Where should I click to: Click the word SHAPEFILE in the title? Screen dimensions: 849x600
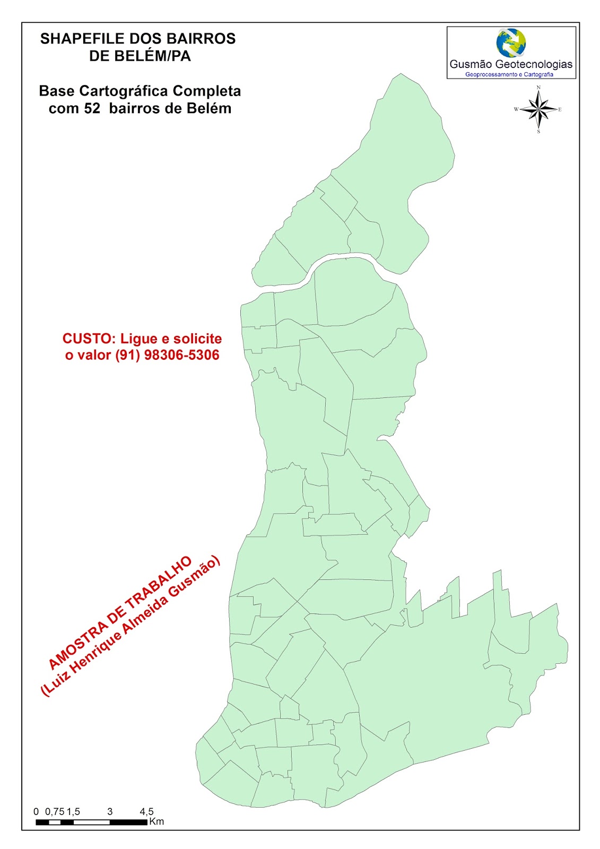click(74, 39)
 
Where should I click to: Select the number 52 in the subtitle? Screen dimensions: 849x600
click(92, 108)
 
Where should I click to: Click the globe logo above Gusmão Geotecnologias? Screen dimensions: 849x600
click(511, 43)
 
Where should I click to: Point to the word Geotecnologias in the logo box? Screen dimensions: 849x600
click(534, 64)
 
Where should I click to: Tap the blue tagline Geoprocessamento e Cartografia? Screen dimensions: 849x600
click(509, 74)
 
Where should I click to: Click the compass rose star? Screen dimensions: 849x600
click(538, 109)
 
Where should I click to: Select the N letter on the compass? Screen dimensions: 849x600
click(538, 88)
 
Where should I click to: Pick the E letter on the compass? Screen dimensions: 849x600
click(560, 110)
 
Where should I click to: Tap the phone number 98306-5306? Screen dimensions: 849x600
click(182, 355)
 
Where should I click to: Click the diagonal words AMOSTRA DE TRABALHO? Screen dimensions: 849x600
click(119, 612)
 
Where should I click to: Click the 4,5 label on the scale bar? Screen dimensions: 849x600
click(146, 811)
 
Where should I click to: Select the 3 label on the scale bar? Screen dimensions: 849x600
click(110, 811)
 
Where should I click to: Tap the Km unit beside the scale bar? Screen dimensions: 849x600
click(156, 821)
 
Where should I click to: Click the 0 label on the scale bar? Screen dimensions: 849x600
click(36, 811)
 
